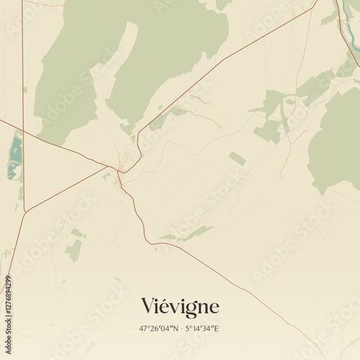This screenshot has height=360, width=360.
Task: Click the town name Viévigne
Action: (180, 307)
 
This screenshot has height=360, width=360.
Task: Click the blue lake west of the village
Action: (15, 155)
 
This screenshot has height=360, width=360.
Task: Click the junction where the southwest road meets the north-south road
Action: (26, 210)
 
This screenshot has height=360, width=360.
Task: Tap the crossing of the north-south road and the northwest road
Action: (23, 131)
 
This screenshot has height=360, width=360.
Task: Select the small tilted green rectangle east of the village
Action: (237, 158)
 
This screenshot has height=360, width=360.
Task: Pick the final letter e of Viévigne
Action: (213, 308)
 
